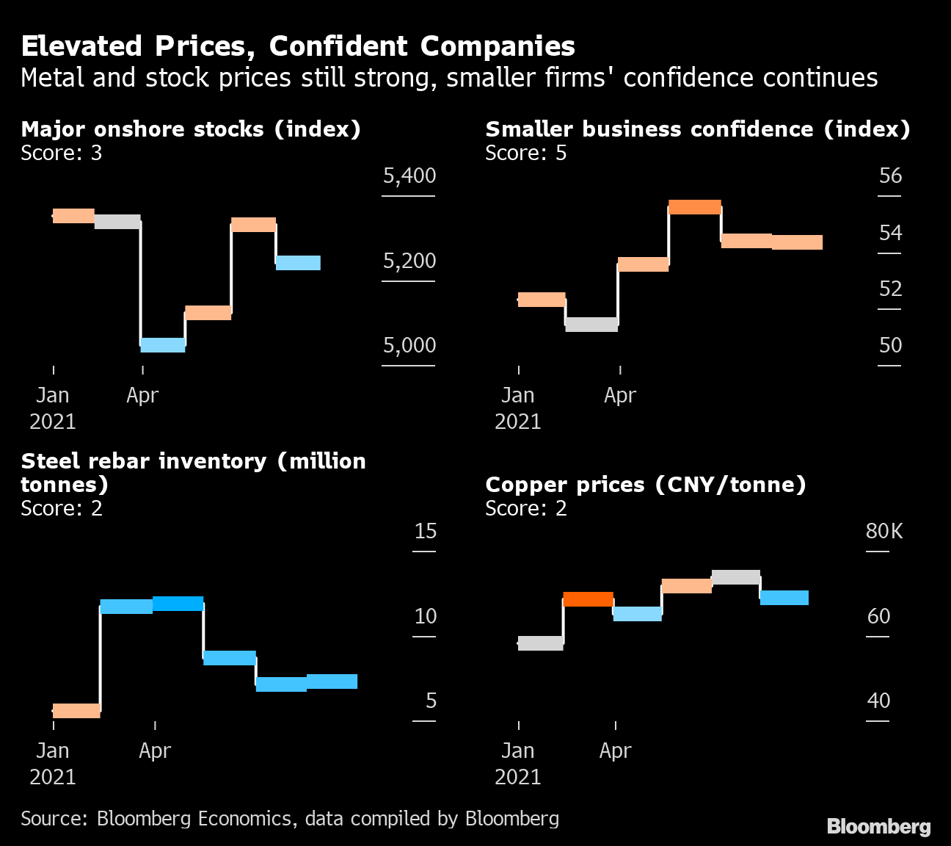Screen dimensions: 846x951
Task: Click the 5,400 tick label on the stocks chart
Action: click(409, 176)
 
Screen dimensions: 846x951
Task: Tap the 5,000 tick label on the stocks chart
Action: click(409, 345)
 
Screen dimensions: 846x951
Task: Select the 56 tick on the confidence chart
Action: click(890, 176)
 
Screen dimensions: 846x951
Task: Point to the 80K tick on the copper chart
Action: click(884, 531)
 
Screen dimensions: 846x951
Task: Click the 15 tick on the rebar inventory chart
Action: click(426, 531)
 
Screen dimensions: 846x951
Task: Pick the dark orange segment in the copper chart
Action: click(588, 599)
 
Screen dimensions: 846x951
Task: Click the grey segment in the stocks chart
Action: click(117, 222)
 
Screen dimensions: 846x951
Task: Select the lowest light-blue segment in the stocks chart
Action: click(163, 345)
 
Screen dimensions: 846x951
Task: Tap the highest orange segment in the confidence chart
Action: click(695, 207)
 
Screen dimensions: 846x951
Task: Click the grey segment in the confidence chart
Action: click(591, 325)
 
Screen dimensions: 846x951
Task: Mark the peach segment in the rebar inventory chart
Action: click(76, 711)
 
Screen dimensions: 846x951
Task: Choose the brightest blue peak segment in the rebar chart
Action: click(178, 604)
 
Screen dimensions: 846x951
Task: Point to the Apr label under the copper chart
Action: click(615, 751)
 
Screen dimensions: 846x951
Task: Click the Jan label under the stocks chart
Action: click(53, 395)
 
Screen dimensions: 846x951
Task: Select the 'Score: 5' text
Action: click(526, 153)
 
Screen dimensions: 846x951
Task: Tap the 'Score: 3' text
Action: click(62, 153)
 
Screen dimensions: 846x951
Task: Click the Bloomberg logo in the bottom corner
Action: click(878, 826)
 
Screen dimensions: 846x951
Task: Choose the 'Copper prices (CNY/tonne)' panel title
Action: click(646, 485)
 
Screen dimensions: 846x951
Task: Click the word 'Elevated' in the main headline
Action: click(81, 46)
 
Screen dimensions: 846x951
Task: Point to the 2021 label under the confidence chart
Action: click(517, 422)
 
